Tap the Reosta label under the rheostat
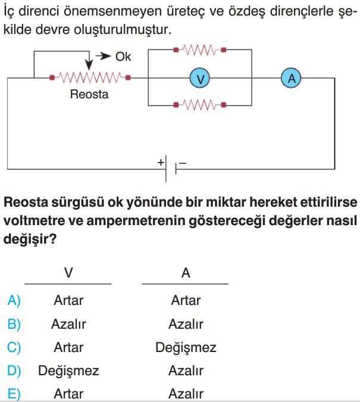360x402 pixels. (x=89, y=94)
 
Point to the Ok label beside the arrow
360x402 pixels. (x=123, y=57)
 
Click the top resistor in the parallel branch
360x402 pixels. (x=200, y=50)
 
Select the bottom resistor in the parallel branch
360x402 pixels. (x=200, y=105)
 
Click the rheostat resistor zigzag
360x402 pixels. (x=90, y=77)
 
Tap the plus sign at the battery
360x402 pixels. (x=161, y=162)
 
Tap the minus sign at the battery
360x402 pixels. (x=183, y=163)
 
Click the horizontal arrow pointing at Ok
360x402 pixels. (x=103, y=56)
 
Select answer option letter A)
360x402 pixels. (x=14, y=300)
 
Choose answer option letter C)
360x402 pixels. (x=14, y=347)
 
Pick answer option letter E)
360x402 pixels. (x=14, y=394)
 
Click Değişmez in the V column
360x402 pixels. (x=68, y=371)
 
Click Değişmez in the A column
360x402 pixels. (x=186, y=348)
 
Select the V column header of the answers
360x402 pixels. (x=68, y=273)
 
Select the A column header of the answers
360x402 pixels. (x=186, y=273)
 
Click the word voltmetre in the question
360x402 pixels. (x=35, y=220)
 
